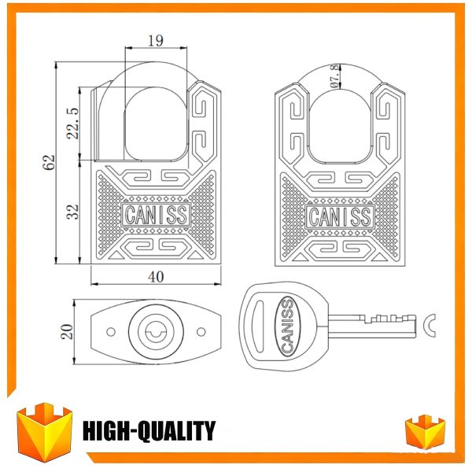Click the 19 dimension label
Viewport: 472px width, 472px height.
pos(156,41)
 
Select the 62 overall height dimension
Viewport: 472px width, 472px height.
pos(49,162)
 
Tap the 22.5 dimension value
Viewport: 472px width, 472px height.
pos(73,124)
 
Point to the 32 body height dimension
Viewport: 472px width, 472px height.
pos(73,212)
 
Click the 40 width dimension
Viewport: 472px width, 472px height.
pos(156,277)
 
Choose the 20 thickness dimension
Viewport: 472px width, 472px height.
pos(67,332)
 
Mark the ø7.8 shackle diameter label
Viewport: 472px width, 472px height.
pos(334,76)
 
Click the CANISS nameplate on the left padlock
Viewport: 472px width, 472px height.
pos(156,215)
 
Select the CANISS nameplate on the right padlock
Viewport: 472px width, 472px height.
pos(340,217)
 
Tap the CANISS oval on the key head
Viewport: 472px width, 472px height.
pos(287,326)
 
